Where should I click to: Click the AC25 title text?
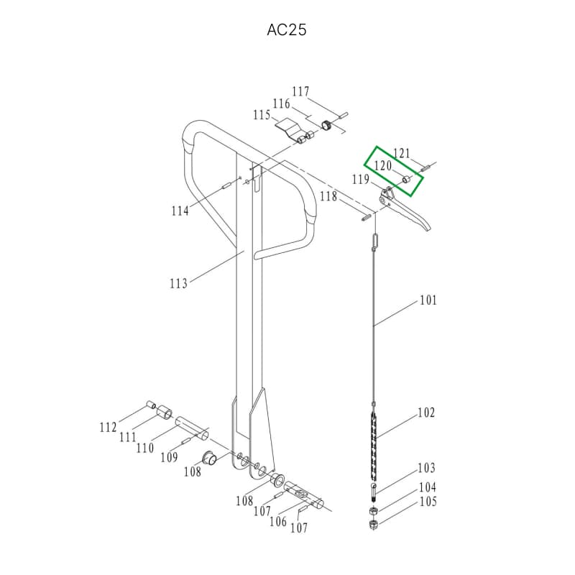coord(286,30)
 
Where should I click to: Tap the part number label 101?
coord(428,300)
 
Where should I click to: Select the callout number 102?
coord(426,413)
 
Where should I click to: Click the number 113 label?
coord(178,283)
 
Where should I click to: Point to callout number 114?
coord(180,211)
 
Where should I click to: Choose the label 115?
coord(262,115)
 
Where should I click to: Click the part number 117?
coord(300,92)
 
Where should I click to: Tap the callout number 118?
coord(328,196)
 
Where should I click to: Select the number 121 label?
coord(402,153)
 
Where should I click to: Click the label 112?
coord(109,427)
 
